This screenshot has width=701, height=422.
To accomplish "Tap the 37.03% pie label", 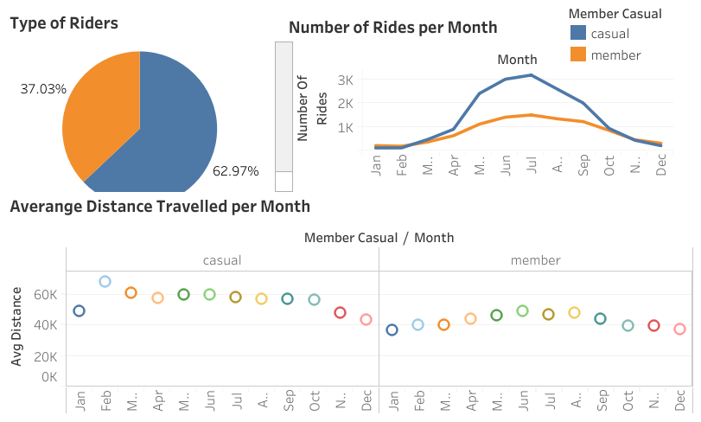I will click(x=43, y=89).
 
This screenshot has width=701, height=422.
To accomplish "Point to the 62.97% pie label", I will click(x=235, y=171).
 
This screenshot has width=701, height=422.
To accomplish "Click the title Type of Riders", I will click(x=64, y=23).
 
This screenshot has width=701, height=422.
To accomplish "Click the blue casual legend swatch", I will click(x=578, y=34).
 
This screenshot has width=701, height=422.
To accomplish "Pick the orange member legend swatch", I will click(x=578, y=54).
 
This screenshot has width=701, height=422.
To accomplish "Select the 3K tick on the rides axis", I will click(x=346, y=80).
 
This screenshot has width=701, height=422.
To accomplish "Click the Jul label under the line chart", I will click(x=532, y=166).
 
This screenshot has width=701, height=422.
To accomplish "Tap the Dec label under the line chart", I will click(x=661, y=166).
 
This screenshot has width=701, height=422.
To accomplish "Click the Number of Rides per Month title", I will click(x=392, y=28).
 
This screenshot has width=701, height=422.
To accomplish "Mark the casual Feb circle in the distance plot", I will click(x=105, y=282).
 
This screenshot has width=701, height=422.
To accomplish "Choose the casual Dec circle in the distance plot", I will click(x=366, y=320).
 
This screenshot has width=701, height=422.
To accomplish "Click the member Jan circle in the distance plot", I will click(x=392, y=330).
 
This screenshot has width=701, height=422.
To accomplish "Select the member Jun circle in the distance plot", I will click(x=522, y=311).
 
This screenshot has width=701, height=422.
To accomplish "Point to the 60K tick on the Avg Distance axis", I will click(x=45, y=294).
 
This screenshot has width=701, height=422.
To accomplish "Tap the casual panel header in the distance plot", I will click(x=222, y=260).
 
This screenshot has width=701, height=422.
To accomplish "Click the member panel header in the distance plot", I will click(x=535, y=260).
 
